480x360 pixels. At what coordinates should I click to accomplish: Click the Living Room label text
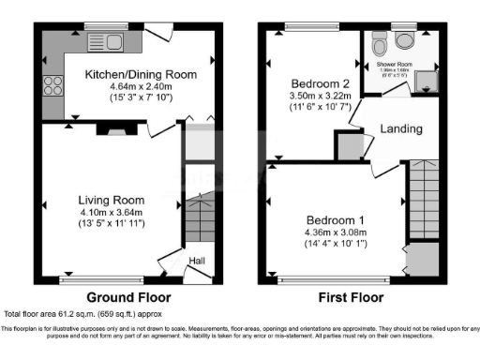pos(111,200)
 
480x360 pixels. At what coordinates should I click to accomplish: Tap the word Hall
pos(198,261)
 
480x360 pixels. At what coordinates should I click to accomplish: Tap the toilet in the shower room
pos(379,43)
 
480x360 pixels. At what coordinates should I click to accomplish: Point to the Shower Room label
pos(395,65)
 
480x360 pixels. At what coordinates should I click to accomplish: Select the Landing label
pos(401,128)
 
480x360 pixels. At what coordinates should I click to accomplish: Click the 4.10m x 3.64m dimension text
pos(111,212)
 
